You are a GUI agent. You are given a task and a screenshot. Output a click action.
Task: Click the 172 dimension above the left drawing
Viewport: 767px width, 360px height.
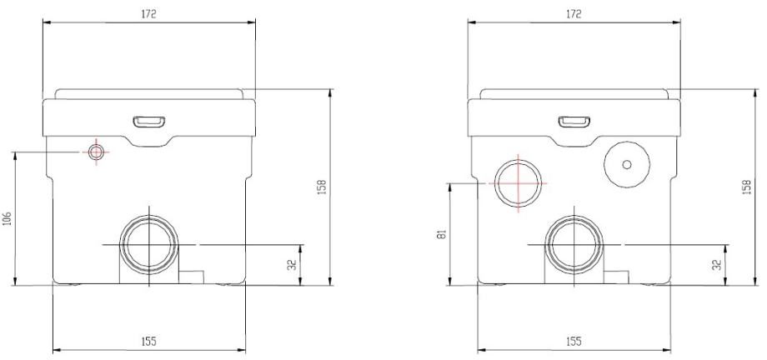pyautogui.click(x=148, y=14)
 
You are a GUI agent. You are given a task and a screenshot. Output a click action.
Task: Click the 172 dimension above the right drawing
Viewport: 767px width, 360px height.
pyautogui.click(x=574, y=14)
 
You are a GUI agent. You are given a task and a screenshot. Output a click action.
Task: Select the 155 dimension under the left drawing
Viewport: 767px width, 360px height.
pyautogui.click(x=148, y=342)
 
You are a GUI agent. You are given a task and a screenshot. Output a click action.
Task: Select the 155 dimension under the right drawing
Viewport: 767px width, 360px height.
pyautogui.click(x=574, y=342)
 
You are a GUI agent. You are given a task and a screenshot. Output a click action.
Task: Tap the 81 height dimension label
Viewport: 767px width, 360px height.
pyautogui.click(x=443, y=235)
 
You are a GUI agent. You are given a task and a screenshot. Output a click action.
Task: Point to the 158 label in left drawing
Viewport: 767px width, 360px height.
pyautogui.click(x=322, y=187)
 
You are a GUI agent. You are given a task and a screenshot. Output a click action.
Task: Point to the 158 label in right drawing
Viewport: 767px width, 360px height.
pyautogui.click(x=746, y=187)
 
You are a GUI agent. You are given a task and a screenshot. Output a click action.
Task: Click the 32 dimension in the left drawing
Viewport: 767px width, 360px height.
pyautogui.click(x=292, y=265)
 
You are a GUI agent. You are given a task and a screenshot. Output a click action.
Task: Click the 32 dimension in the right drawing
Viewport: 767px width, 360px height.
pyautogui.click(x=717, y=265)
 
